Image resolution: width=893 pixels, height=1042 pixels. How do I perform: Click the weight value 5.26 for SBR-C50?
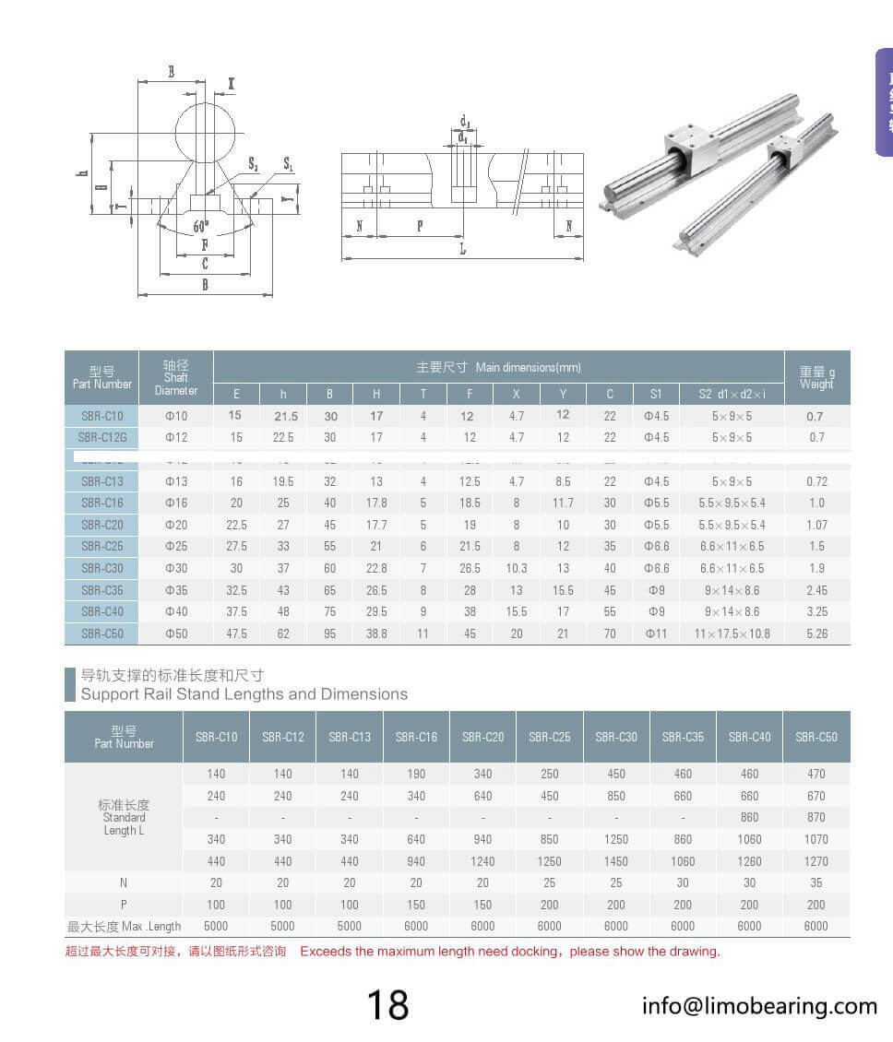(816, 633)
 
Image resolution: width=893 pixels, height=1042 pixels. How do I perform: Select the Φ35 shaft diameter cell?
(175, 590)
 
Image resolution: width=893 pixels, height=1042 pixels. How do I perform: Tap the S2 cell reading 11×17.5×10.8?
(732, 633)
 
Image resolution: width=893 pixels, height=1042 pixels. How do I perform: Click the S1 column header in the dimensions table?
(656, 394)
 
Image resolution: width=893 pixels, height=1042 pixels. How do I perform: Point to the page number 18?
(387, 1005)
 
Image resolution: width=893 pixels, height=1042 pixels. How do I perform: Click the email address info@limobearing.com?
(759, 1005)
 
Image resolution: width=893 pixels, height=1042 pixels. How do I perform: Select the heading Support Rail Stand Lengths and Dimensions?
(244, 694)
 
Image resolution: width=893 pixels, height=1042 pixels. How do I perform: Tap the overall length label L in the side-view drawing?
(463, 249)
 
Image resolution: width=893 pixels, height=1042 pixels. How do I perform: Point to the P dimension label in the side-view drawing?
(420, 226)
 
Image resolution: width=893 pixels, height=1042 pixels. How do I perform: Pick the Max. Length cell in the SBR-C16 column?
(416, 926)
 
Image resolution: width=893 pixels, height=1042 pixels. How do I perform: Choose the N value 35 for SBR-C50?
(816, 882)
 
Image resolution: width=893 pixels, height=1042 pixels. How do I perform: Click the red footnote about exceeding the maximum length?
(392, 951)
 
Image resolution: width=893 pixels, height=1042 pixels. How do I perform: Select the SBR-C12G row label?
(101, 437)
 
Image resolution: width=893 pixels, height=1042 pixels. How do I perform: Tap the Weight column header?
(816, 378)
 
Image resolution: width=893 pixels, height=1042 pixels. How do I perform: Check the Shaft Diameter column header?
(175, 377)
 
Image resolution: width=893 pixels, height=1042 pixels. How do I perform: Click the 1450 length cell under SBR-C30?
(616, 861)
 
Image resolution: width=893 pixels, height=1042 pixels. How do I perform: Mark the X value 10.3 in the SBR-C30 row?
(517, 568)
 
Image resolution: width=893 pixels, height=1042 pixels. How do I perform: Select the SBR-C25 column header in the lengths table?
(550, 737)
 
